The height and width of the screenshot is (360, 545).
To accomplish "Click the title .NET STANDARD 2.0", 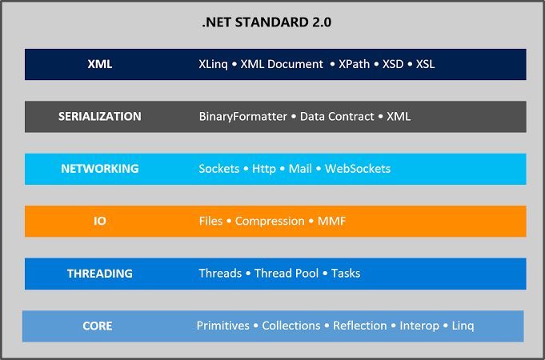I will click(266, 22).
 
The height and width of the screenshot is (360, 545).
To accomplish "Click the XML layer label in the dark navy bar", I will click(100, 64).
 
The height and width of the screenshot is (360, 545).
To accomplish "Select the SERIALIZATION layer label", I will click(100, 116).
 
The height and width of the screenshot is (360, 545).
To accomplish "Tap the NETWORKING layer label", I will click(100, 169).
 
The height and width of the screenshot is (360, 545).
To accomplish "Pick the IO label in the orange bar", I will click(100, 221).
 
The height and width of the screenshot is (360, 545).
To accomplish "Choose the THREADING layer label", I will click(100, 274).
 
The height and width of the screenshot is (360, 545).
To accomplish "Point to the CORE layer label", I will click(98, 326).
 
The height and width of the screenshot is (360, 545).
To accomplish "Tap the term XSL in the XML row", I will click(425, 64).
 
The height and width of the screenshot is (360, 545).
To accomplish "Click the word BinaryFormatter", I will click(242, 117).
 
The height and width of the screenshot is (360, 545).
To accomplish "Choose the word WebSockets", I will click(358, 169).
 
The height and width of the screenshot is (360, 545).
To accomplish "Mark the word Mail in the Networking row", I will click(301, 169).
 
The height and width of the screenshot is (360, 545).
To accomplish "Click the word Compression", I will click(270, 221).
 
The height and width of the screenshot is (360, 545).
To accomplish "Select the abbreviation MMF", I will click(331, 221).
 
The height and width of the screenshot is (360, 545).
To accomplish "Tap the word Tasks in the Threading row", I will click(346, 274).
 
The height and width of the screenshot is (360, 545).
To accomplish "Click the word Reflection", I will click(360, 326).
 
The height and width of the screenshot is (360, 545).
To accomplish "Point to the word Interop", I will click(419, 326).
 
